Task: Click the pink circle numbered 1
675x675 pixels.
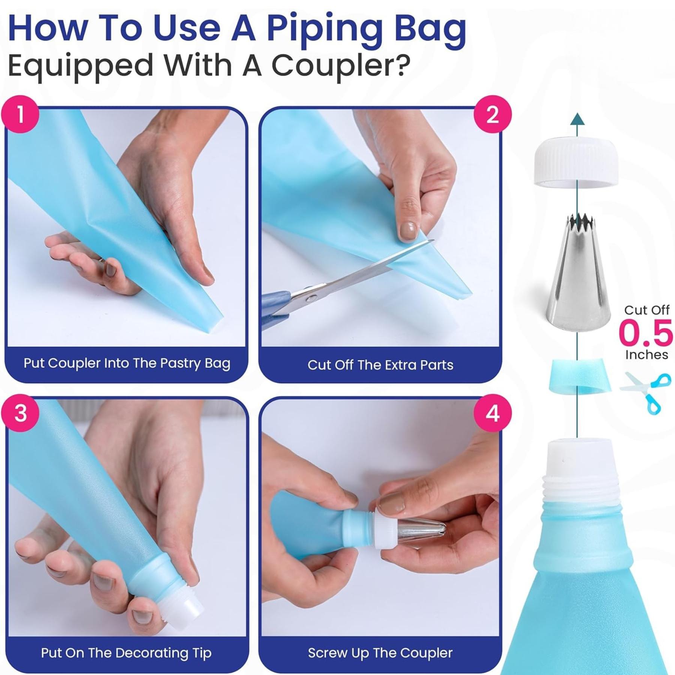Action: pyautogui.click(x=21, y=114)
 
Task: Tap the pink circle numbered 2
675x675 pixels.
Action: pyautogui.click(x=492, y=114)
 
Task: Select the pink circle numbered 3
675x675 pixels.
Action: pyautogui.click(x=21, y=414)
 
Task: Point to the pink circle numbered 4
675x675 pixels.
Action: pyautogui.click(x=492, y=414)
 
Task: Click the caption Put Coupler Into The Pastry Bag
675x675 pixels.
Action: pyautogui.click(x=127, y=363)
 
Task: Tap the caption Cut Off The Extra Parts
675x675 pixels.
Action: pyautogui.click(x=380, y=365)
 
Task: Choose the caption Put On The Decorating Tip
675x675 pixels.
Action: pyautogui.click(x=126, y=653)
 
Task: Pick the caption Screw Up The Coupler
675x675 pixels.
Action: pyautogui.click(x=380, y=653)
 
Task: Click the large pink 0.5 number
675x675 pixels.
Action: pyautogui.click(x=646, y=333)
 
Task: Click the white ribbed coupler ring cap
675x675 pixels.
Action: pyautogui.click(x=577, y=162)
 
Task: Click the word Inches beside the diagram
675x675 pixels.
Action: pyautogui.click(x=646, y=355)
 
